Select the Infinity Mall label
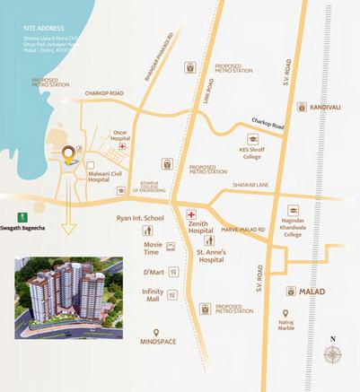tap(153, 295)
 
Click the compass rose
tap(333, 353)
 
